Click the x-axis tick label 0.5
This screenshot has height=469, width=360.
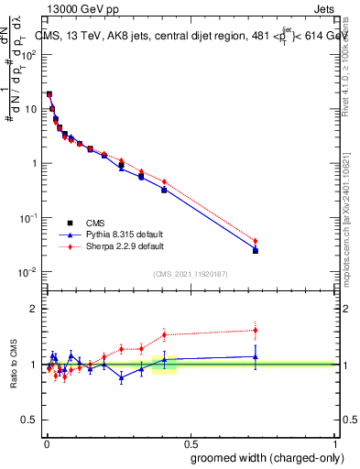coord(191,441)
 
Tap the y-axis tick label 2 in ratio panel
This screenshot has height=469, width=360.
coord(33,309)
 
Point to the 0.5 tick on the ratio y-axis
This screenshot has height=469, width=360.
coord(29,420)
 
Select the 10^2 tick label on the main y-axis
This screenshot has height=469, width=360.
coord(27,54)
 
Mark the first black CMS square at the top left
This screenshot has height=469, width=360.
coord(49,93)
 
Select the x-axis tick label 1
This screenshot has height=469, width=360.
coord(336,441)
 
